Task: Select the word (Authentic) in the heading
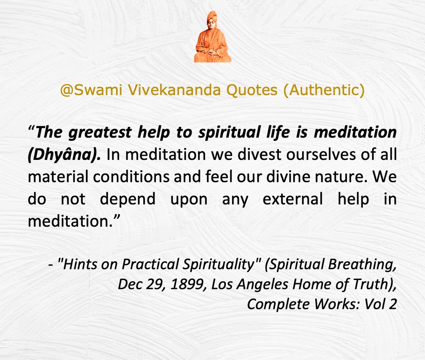tap(324, 90)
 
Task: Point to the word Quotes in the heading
tap(252, 90)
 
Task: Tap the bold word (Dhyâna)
tap(64, 155)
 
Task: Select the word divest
tap(260, 154)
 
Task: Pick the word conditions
tap(131, 177)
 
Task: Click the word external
tap(293, 199)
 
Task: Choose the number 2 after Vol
tap(392, 304)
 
